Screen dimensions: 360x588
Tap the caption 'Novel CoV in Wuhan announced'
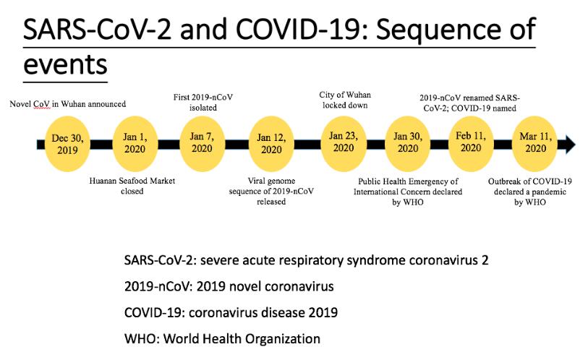coord(67,104)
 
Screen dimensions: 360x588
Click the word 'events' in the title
coord(65,64)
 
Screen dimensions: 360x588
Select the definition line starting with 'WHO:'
coord(223,338)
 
